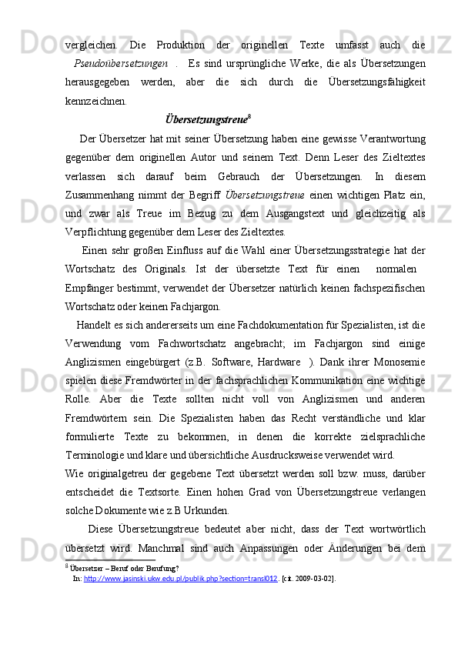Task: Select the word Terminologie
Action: [99, 454]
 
